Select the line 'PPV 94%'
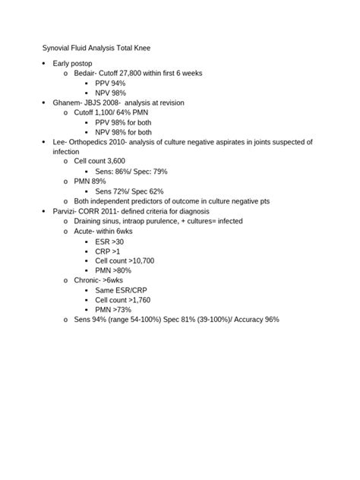click(x=110, y=83)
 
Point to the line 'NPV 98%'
click(x=110, y=93)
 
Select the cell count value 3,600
click(x=112, y=162)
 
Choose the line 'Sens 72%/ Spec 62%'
click(x=129, y=191)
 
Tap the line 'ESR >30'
click(x=109, y=241)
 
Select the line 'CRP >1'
click(x=108, y=251)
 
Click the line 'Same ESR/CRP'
click(x=120, y=290)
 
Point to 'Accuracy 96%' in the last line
click(x=254, y=320)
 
